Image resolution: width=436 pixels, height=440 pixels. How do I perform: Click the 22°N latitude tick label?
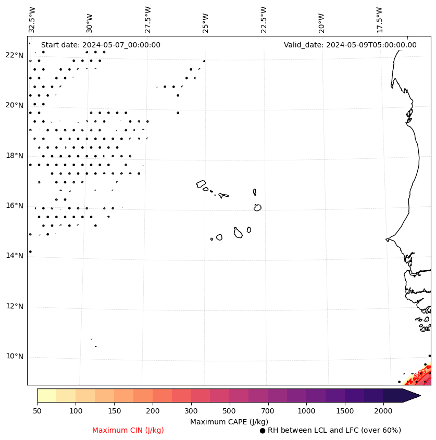tap(15, 55)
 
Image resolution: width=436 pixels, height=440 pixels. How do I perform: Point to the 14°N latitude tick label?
tap(15, 256)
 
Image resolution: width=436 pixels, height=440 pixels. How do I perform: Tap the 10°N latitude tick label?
tap(15, 357)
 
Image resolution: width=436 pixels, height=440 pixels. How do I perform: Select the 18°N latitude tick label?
tap(15, 156)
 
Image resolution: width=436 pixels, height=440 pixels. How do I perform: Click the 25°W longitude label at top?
tap(205, 19)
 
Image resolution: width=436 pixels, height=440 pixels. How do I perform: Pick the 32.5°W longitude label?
tap(32, 19)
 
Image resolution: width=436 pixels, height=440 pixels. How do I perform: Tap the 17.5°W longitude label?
tap(379, 19)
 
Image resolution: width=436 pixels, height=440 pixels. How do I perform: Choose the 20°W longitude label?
tap(321, 19)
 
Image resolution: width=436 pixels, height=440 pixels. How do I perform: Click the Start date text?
tap(101, 45)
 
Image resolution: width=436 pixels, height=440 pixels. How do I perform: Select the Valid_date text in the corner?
tap(350, 45)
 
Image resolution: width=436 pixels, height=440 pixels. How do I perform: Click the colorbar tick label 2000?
tap(383, 411)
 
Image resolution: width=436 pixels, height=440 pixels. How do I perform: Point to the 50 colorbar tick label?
tap(37, 411)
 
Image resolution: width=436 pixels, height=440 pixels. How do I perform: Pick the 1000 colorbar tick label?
tap(306, 411)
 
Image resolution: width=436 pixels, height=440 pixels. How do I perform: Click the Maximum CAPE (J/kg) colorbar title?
tap(229, 421)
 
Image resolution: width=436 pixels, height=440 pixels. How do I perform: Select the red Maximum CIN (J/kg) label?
tap(128, 430)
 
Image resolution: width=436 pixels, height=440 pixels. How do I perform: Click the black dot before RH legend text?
tap(263, 431)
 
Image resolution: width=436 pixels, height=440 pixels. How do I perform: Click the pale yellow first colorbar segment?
tap(46, 395)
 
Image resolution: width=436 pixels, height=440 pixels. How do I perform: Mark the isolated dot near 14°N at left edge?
tap(30, 252)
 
